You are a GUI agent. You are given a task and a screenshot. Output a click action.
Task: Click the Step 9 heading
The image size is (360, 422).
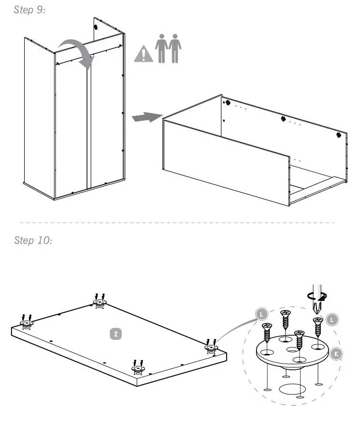(30, 10)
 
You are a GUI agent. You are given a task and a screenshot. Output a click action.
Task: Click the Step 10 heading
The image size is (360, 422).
(33, 240)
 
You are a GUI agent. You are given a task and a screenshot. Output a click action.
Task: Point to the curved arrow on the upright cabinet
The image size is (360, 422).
(77, 52)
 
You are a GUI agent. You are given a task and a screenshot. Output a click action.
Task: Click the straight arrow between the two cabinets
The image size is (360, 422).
(146, 117)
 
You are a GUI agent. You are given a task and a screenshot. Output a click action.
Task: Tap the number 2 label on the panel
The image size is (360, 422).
(115, 333)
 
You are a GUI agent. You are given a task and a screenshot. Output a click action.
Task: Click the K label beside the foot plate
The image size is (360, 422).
(337, 353)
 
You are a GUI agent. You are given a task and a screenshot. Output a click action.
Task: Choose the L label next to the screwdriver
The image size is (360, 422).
(332, 319)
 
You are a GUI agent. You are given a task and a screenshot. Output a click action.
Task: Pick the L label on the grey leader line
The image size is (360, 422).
(261, 314)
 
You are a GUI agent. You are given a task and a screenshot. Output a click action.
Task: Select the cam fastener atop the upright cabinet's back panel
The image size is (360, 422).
(96, 28)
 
